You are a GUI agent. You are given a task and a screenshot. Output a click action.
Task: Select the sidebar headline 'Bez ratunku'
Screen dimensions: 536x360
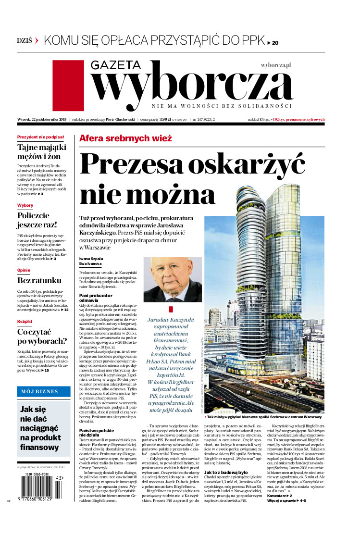click(39, 280)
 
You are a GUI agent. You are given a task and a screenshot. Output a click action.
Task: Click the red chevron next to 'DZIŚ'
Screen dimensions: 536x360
click(37, 41)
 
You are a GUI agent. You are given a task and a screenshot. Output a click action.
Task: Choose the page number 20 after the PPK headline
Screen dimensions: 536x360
click(275, 43)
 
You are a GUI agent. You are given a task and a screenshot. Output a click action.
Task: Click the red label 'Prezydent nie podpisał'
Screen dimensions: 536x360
click(41, 137)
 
